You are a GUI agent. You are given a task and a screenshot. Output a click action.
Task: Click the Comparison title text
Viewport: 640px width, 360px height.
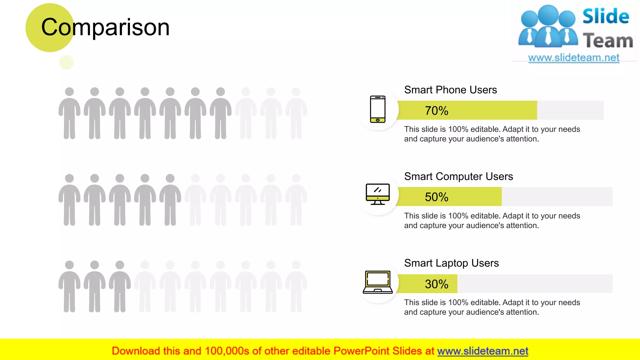pyautogui.click(x=105, y=27)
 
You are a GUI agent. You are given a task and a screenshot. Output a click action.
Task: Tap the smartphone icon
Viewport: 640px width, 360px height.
pyautogui.click(x=377, y=109)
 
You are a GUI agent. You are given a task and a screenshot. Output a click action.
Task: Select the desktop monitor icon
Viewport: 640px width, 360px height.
pyautogui.click(x=377, y=194)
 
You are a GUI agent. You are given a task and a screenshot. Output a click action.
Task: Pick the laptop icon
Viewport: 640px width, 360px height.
pyautogui.click(x=377, y=282)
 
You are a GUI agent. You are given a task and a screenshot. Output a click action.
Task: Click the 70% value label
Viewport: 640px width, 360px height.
pyautogui.click(x=436, y=111)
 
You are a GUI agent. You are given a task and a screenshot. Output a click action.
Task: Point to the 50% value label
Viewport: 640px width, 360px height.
pyautogui.click(x=436, y=197)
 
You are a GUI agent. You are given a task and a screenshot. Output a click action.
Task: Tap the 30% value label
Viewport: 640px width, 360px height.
pyautogui.click(x=436, y=284)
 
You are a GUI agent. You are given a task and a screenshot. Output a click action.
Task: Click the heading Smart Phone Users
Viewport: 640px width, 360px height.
pyautogui.click(x=450, y=90)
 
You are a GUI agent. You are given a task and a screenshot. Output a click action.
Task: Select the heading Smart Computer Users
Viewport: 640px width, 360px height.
pyautogui.click(x=458, y=177)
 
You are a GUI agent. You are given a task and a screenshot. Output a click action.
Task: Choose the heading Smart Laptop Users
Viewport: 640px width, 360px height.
pyautogui.click(x=451, y=263)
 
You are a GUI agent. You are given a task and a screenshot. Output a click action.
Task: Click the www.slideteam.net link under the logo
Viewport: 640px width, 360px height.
pyautogui.click(x=573, y=58)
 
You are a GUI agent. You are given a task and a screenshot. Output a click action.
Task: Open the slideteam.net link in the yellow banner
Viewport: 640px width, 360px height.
pyautogui.click(x=482, y=351)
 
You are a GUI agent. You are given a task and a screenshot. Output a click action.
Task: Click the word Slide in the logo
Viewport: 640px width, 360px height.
pyautogui.click(x=606, y=17)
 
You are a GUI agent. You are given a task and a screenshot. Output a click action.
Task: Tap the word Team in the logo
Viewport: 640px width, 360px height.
pyautogui.click(x=608, y=41)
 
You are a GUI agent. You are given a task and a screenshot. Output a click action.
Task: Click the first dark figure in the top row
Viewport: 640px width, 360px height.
pyautogui.click(x=69, y=113)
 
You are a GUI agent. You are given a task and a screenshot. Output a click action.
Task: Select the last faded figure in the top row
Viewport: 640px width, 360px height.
pyautogui.click(x=296, y=113)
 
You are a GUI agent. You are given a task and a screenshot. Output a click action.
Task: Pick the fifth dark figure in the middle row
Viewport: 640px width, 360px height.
pyautogui.click(x=170, y=200)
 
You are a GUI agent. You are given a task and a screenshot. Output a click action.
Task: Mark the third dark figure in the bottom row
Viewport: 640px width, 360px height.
pyautogui.click(x=120, y=286)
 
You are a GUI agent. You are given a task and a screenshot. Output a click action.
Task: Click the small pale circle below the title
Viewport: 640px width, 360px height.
pyautogui.click(x=66, y=62)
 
